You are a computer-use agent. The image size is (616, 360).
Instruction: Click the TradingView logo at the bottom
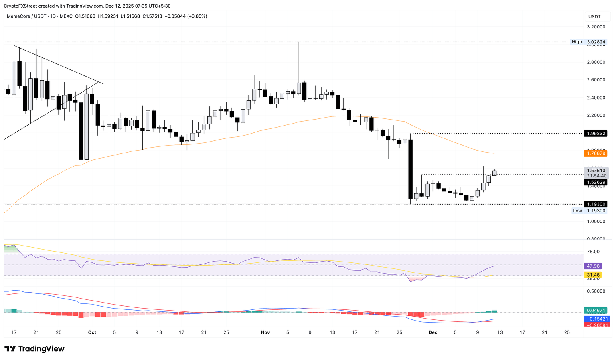pyautogui.click(x=34, y=349)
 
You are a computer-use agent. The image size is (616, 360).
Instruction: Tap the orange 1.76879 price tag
pyautogui.click(x=596, y=153)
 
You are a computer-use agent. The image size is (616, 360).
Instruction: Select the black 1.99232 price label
pyautogui.click(x=596, y=134)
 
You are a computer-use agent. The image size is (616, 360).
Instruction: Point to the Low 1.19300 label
pyautogui.click(x=589, y=211)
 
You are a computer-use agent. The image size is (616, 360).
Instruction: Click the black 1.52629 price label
pyautogui.click(x=596, y=182)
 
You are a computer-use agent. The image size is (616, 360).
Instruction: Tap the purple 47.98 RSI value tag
pyautogui.click(x=593, y=266)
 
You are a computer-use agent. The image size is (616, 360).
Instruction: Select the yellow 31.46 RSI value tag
pyautogui.click(x=593, y=275)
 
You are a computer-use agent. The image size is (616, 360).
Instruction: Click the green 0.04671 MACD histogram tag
pyautogui.click(x=596, y=311)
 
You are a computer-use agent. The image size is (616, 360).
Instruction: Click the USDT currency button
pyautogui.click(x=594, y=16)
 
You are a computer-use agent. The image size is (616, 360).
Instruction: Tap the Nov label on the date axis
pyautogui.click(x=265, y=332)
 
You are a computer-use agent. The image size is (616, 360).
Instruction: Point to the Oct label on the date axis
pyautogui.click(x=92, y=332)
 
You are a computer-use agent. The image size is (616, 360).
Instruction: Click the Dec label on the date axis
pyautogui.click(x=433, y=332)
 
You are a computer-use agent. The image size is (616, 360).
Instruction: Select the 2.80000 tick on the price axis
pyautogui.click(x=596, y=62)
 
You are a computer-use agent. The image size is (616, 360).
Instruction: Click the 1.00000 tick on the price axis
pyautogui.click(x=596, y=221)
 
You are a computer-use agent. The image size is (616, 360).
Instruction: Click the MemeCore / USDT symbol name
pyautogui.click(x=26, y=16)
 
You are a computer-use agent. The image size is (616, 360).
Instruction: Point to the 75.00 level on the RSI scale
pyautogui.click(x=593, y=252)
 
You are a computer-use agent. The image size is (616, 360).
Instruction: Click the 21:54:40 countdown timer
pyautogui.click(x=596, y=176)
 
